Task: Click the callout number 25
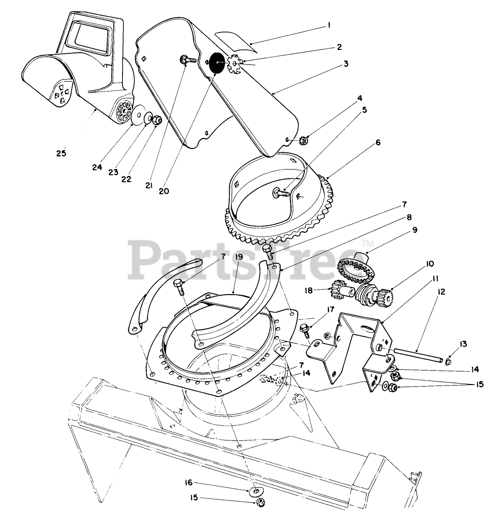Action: [61, 153]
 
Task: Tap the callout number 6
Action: [378, 142]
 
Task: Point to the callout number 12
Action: [441, 292]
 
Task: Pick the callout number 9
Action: [414, 230]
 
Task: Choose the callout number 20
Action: [164, 190]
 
